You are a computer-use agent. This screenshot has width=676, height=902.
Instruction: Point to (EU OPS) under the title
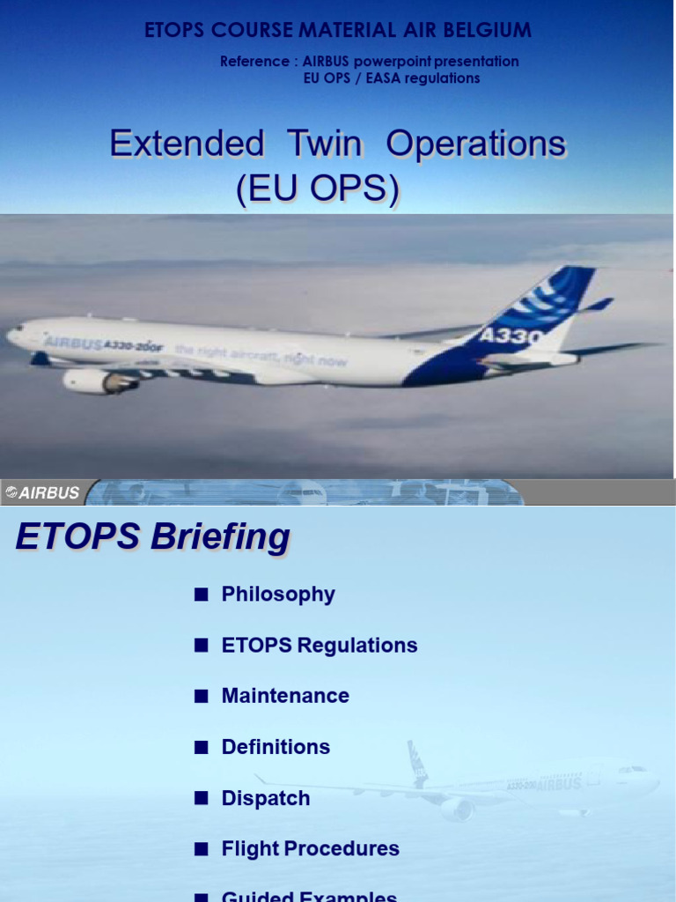coord(317,189)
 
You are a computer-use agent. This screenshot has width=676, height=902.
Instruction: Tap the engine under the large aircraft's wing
coord(99,381)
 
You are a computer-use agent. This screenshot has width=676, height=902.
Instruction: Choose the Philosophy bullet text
coord(278,595)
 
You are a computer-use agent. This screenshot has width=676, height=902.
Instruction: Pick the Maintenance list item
coord(285,696)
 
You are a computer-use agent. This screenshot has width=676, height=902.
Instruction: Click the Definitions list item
coord(276,747)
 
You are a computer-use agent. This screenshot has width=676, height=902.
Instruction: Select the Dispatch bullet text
coord(266,798)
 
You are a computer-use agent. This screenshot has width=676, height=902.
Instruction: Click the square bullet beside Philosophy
coord(202,595)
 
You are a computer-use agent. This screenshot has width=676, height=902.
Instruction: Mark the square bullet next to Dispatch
coord(202,798)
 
